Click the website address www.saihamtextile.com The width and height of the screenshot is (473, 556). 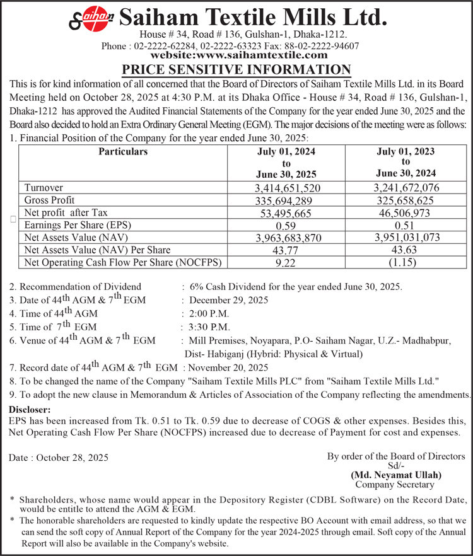[x=240, y=55]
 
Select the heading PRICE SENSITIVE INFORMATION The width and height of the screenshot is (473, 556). [x=236, y=69]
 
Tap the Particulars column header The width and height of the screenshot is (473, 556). [x=124, y=152]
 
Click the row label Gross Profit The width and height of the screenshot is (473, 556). [x=47, y=200]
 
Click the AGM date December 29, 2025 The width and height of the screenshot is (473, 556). [x=228, y=300]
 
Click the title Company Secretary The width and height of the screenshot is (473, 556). [x=395, y=485]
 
